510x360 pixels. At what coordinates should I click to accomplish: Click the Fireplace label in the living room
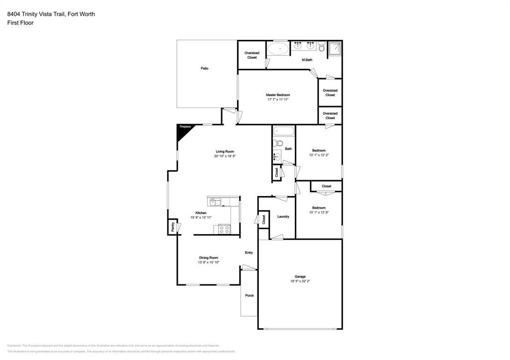pos(185,127)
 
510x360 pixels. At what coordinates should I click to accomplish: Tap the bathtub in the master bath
pos(277,49)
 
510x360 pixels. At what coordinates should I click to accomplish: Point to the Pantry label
pos(173,227)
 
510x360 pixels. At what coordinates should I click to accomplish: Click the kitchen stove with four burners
pos(224,230)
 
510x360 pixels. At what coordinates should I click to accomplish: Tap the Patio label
pos(205,68)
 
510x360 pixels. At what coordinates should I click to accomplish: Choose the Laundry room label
pos(283,217)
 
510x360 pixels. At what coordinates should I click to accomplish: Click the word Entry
pos(249,252)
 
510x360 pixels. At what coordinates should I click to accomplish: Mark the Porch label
pos(250,296)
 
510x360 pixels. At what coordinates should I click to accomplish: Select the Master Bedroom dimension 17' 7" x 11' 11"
pos(278,100)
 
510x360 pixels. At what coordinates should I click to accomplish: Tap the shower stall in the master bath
pos(335,48)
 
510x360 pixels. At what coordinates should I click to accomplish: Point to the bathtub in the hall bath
pos(283,132)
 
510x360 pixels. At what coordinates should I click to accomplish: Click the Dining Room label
pos(209,257)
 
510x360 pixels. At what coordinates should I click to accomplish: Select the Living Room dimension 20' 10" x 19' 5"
pos(225,156)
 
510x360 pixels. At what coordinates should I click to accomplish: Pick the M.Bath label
pos(307,60)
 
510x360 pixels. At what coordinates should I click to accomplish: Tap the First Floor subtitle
pos(20,23)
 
